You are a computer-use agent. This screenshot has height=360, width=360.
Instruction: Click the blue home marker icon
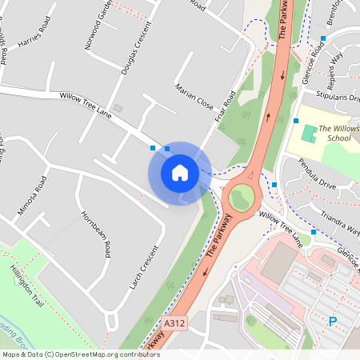[x=180, y=173]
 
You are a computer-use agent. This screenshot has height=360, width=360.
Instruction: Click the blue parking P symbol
[x=333, y=322]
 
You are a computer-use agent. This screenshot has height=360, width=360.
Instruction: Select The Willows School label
[x=338, y=133]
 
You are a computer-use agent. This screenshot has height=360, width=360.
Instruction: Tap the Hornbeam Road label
[x=95, y=234]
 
